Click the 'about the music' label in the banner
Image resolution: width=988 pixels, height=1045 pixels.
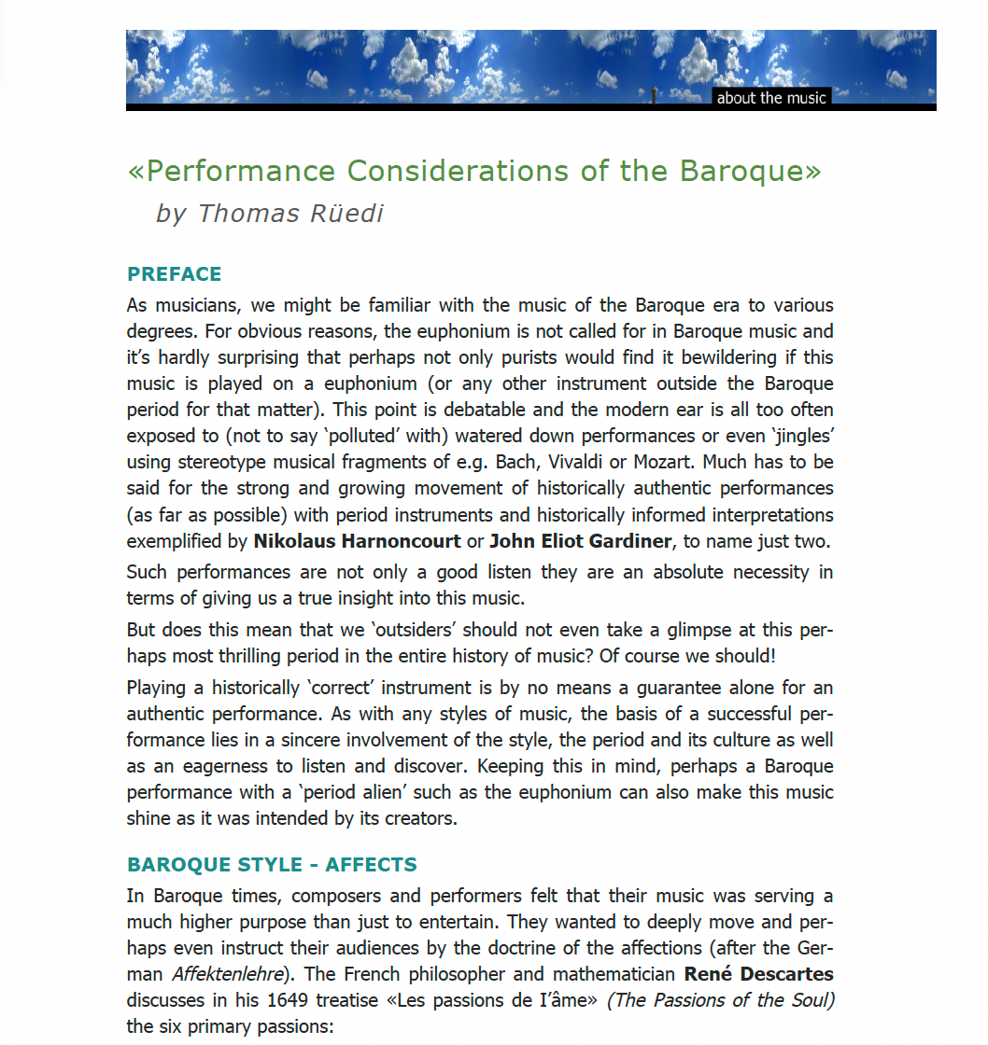(770, 98)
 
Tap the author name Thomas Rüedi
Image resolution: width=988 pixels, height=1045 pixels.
(290, 214)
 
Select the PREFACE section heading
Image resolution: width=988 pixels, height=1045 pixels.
(175, 274)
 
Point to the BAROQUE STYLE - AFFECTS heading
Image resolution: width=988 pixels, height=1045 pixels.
(272, 865)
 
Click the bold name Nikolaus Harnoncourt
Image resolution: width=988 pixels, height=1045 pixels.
(357, 541)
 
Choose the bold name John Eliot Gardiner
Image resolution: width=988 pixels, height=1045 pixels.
(579, 541)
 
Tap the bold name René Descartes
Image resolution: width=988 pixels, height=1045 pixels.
(758, 975)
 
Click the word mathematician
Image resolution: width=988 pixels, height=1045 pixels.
(602, 975)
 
